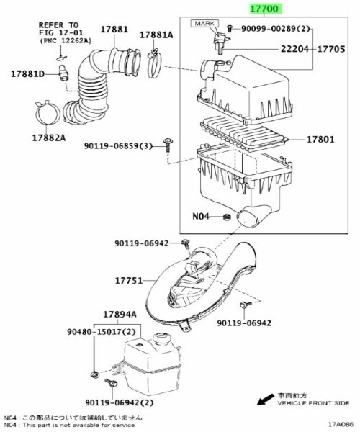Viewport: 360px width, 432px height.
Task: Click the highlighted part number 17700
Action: click(264, 9)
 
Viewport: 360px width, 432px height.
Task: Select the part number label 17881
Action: click(114, 30)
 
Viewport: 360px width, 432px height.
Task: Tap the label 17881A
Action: click(156, 35)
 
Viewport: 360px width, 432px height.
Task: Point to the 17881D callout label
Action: click(27, 74)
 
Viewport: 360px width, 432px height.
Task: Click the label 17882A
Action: click(49, 138)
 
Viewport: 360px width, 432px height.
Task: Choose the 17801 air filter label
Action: click(320, 140)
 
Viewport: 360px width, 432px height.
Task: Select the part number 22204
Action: click(294, 49)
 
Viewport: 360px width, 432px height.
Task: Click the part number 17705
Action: click(331, 49)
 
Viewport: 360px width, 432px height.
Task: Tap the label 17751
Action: click(129, 281)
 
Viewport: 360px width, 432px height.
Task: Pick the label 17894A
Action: click(120, 315)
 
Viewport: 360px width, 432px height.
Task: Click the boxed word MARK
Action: click(204, 24)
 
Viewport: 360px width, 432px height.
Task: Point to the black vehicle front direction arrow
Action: click(266, 399)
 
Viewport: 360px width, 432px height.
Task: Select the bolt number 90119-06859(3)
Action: click(118, 145)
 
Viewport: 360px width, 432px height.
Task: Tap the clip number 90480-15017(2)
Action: click(102, 332)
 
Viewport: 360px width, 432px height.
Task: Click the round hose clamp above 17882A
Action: click(48, 114)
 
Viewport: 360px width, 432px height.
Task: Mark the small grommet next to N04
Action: click(227, 217)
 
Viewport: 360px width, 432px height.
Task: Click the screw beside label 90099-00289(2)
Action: click(230, 28)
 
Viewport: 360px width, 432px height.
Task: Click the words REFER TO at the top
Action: click(58, 25)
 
